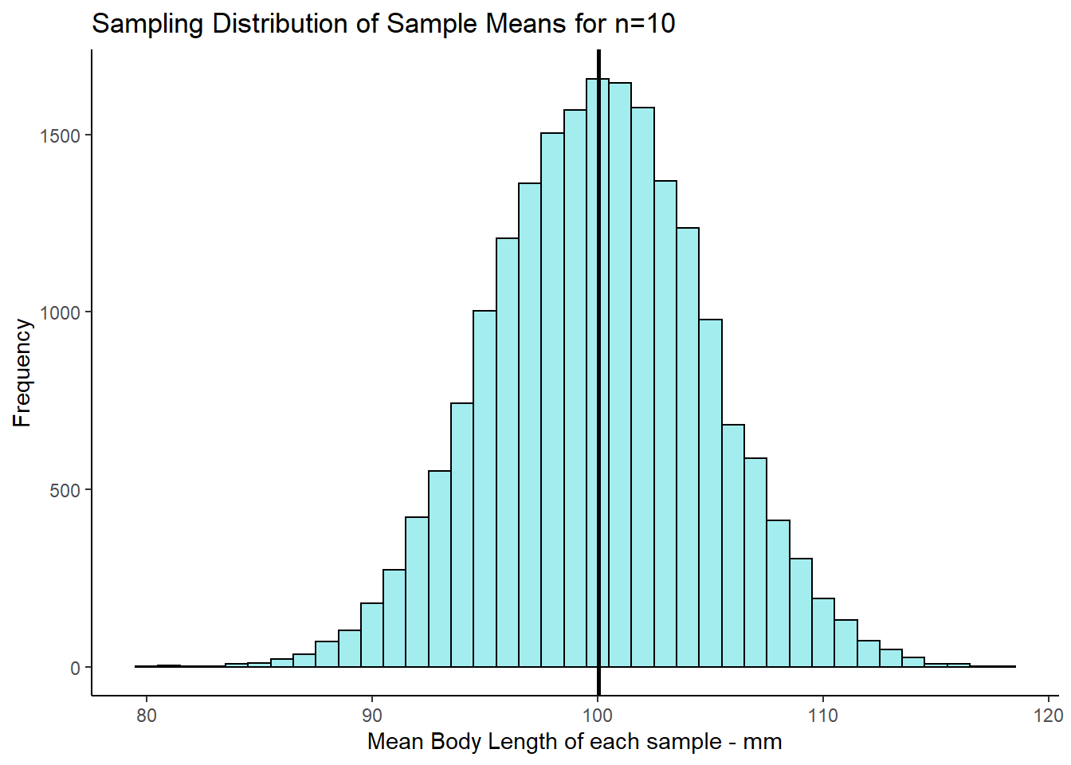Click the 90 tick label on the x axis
coord(372,715)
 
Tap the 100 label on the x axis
coord(598,715)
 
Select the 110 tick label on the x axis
coord(823,715)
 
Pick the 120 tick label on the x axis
coord(1049,715)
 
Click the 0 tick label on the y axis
coord(75,668)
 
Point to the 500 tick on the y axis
coord(65,490)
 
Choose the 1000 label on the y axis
coord(61,312)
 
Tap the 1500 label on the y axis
coord(61,135)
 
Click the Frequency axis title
coord(22,373)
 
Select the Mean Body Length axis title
coord(575,742)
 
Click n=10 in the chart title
coord(645,24)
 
